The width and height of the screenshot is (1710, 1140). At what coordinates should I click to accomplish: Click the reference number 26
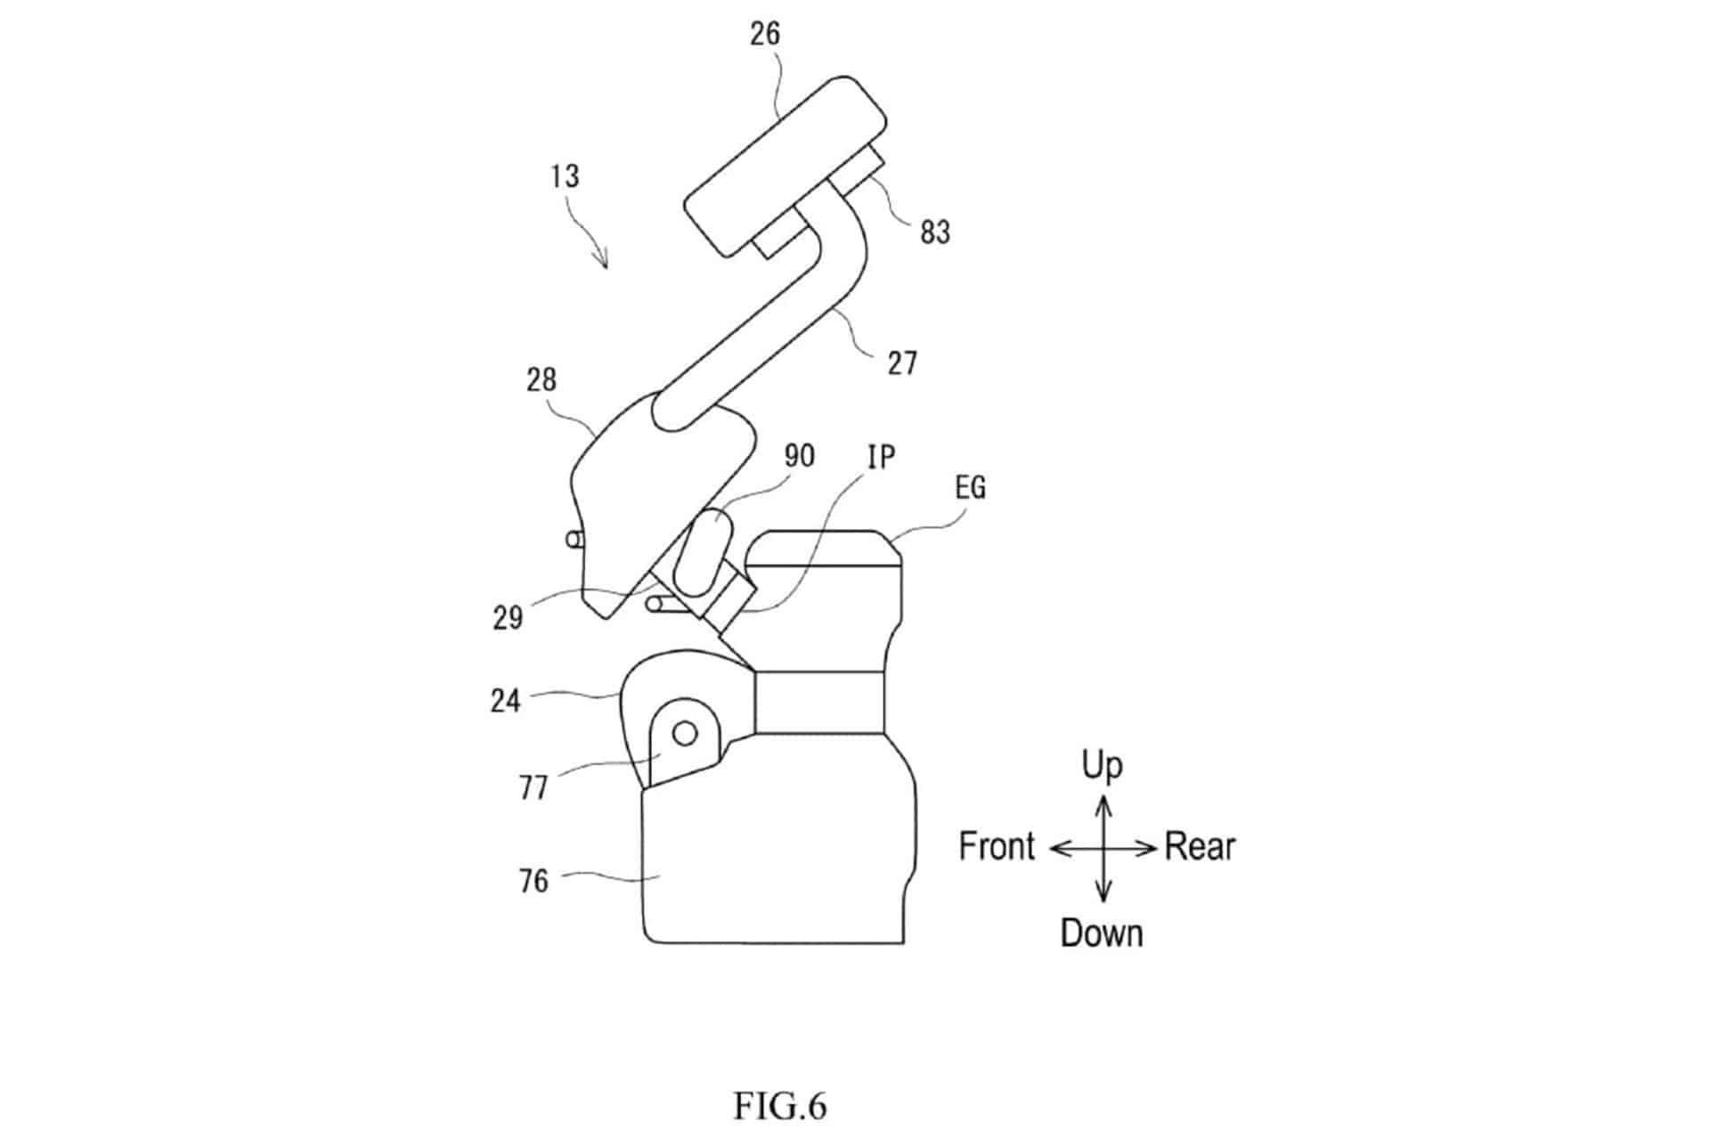[x=765, y=34]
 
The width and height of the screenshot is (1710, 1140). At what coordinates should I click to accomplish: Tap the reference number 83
[x=935, y=232]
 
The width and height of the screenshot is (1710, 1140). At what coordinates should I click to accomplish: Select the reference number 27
[x=902, y=363]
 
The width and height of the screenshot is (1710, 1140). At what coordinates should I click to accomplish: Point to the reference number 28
[x=541, y=380]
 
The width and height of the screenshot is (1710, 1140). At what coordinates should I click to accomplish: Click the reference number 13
[x=565, y=176]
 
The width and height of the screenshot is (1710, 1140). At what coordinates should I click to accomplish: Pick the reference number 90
[x=799, y=456]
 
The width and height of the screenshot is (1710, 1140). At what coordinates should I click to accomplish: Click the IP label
[x=881, y=457]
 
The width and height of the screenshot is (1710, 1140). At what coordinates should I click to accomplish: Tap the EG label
[x=971, y=488]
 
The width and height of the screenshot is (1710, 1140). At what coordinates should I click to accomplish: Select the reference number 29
[x=508, y=618]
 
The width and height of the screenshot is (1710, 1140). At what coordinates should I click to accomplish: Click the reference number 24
[x=505, y=701]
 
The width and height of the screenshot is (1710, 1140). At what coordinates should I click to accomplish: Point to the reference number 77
[x=533, y=788]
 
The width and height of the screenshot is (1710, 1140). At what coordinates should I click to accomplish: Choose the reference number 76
[x=533, y=881]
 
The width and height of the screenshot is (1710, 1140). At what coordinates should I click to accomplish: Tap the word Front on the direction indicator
[x=997, y=846]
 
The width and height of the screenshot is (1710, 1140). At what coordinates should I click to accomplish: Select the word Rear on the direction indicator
[x=1200, y=846]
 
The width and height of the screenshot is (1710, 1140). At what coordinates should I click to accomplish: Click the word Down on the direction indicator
[x=1102, y=933]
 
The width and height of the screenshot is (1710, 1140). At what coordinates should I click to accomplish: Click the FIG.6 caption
[x=780, y=1106]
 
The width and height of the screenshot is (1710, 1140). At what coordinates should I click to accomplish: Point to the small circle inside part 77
[x=685, y=733]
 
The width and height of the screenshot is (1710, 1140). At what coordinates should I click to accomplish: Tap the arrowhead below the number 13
[x=604, y=259]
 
